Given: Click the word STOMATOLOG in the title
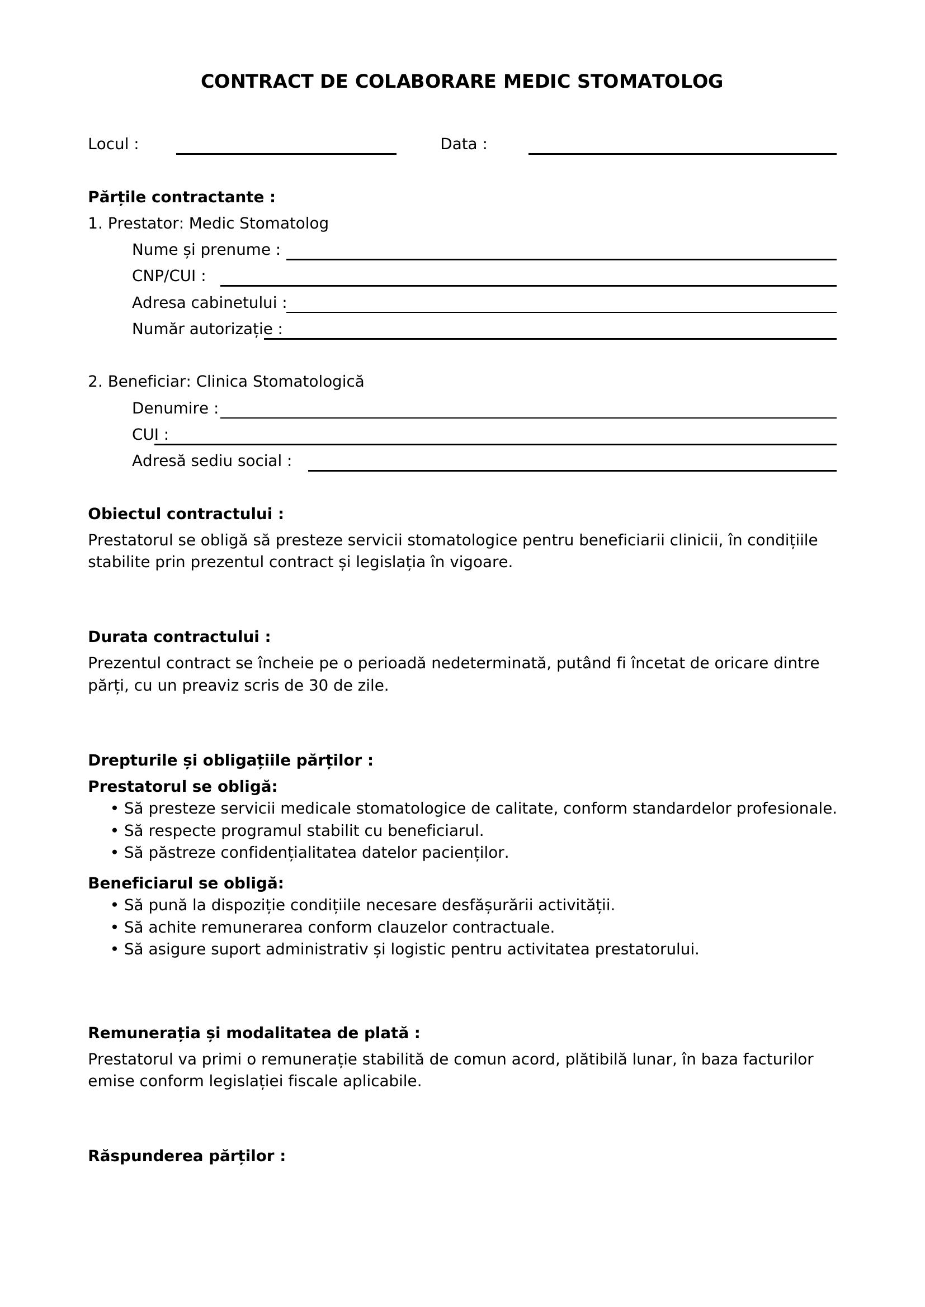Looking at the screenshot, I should click(650, 82).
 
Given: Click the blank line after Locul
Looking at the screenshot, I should click(286, 153).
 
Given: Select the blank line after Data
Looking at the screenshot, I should click(682, 153).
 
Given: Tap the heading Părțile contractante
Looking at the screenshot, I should click(182, 197).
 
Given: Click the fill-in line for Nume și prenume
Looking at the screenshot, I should click(560, 259).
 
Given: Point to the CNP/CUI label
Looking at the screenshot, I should click(168, 276).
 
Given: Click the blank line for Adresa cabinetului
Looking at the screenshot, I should click(560, 311).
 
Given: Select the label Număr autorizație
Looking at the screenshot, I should click(207, 329).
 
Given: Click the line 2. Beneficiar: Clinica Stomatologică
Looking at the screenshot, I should click(225, 382).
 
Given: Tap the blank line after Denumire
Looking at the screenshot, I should click(527, 417).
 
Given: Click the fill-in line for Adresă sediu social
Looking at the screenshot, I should click(572, 470).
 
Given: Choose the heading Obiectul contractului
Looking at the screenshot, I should click(186, 514).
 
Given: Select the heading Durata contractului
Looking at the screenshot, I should click(179, 637).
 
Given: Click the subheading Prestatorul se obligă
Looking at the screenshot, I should click(182, 787).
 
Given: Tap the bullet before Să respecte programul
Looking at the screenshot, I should click(115, 831).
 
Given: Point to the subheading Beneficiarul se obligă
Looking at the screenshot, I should click(186, 883).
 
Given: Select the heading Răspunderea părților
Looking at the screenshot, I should click(186, 1156).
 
